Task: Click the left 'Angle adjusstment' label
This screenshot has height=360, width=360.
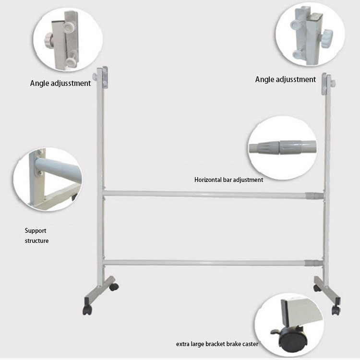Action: (60, 83)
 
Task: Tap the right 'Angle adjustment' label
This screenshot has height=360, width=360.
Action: (286, 79)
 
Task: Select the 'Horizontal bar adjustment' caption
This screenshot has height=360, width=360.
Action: (228, 180)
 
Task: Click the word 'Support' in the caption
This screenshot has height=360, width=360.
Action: (36, 230)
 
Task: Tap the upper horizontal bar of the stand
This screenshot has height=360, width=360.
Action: (206, 194)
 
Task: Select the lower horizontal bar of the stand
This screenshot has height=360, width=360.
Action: (206, 263)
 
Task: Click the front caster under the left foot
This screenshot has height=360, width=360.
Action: (87, 310)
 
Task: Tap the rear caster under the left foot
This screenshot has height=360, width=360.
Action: (115, 287)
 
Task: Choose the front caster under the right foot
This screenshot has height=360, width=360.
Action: (336, 311)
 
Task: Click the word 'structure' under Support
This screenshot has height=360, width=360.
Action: (36, 240)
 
